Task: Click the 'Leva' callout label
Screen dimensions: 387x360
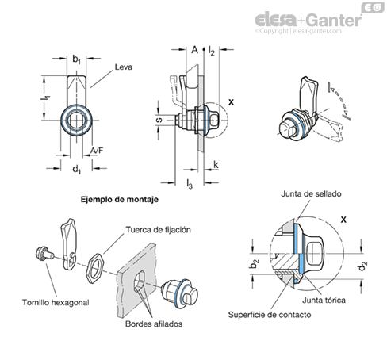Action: (x=124, y=67)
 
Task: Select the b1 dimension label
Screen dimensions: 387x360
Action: (x=77, y=59)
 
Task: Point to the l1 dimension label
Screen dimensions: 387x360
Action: (x=45, y=98)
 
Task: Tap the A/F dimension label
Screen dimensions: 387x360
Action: (x=97, y=151)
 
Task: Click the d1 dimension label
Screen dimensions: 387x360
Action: (x=77, y=169)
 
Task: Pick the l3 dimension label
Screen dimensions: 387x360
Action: (x=190, y=184)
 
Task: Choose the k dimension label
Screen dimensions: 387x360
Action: (x=216, y=165)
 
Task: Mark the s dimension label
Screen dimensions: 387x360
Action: (x=159, y=120)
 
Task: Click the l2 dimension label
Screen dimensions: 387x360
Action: (x=212, y=50)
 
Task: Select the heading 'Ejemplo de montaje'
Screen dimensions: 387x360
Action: (x=120, y=199)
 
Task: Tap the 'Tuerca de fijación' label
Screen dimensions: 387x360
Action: (x=158, y=229)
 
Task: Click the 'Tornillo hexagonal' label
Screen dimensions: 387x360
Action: (x=56, y=302)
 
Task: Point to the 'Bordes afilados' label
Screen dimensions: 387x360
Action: (x=154, y=324)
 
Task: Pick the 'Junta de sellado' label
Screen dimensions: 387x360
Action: (x=311, y=193)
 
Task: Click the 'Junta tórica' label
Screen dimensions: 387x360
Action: (x=324, y=301)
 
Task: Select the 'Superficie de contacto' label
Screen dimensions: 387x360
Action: (x=270, y=315)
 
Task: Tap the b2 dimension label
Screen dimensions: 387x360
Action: (x=254, y=263)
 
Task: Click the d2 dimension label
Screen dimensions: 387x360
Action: (x=362, y=266)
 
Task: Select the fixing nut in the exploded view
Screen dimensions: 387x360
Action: (x=96, y=268)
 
